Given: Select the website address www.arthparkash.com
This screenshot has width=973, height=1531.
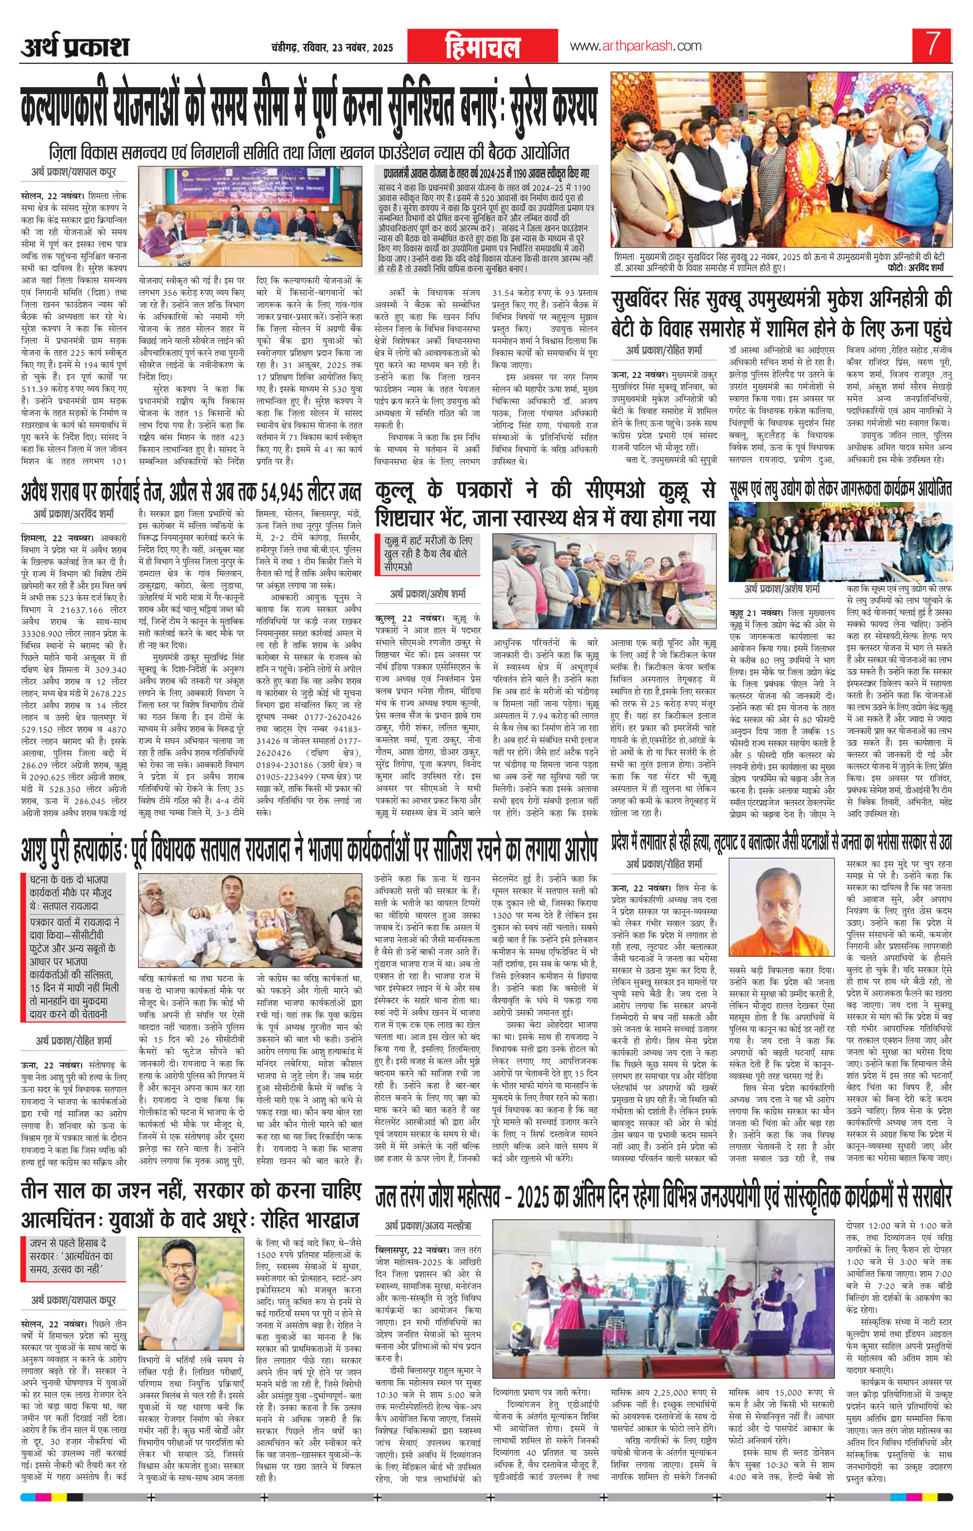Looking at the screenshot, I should [x=636, y=46].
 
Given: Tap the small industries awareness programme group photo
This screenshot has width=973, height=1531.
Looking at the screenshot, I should [x=840, y=545].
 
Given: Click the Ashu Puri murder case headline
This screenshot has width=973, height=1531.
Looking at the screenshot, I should [x=310, y=849].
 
